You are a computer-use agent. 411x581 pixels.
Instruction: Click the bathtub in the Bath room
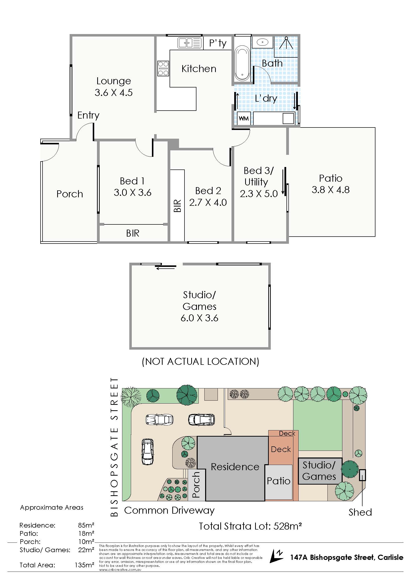[x=242, y=63]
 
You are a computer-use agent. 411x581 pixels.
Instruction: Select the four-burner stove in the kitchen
[x=163, y=68]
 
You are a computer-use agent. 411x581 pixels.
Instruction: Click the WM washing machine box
[x=244, y=119]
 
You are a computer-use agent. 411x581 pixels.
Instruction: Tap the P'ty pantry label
[x=218, y=43]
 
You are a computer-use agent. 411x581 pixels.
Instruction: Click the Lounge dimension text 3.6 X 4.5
[x=114, y=93]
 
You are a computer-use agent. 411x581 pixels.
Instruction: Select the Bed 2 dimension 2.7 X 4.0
[x=208, y=203]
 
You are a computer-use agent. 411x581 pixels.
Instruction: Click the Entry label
[x=88, y=115]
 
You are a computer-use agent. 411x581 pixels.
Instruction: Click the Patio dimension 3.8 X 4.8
[x=330, y=190]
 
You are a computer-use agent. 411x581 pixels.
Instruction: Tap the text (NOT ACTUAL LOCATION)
[x=200, y=361]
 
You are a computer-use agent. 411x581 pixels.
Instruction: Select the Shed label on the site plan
[x=360, y=512]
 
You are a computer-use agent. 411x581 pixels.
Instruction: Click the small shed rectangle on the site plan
[x=363, y=475]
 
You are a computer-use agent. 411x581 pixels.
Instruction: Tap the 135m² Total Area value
[x=84, y=565]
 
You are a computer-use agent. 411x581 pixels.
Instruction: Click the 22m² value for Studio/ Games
[x=86, y=550]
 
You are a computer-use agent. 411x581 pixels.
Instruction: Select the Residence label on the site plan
[x=235, y=467]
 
